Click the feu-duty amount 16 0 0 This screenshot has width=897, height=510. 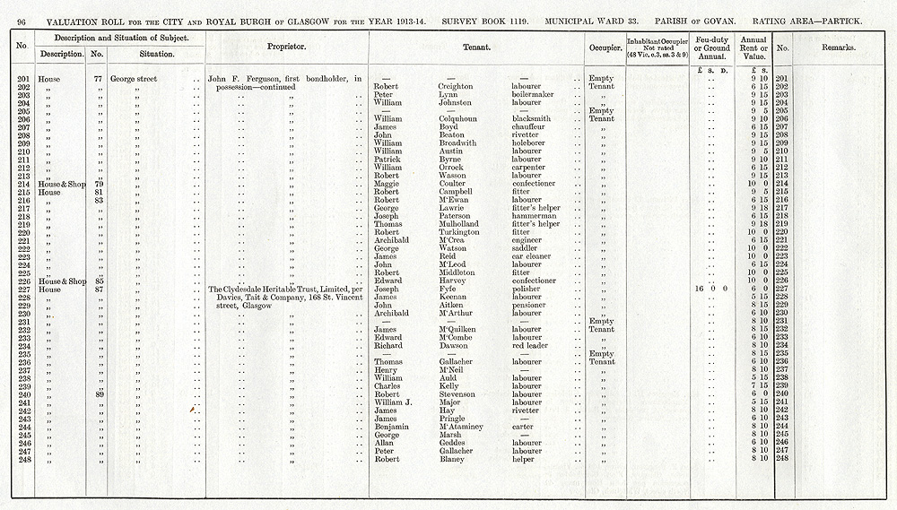click(x=710, y=290)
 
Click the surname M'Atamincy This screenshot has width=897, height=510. click(x=461, y=427)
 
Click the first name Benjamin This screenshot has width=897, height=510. click(x=392, y=427)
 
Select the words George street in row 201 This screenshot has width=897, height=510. click(x=133, y=79)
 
